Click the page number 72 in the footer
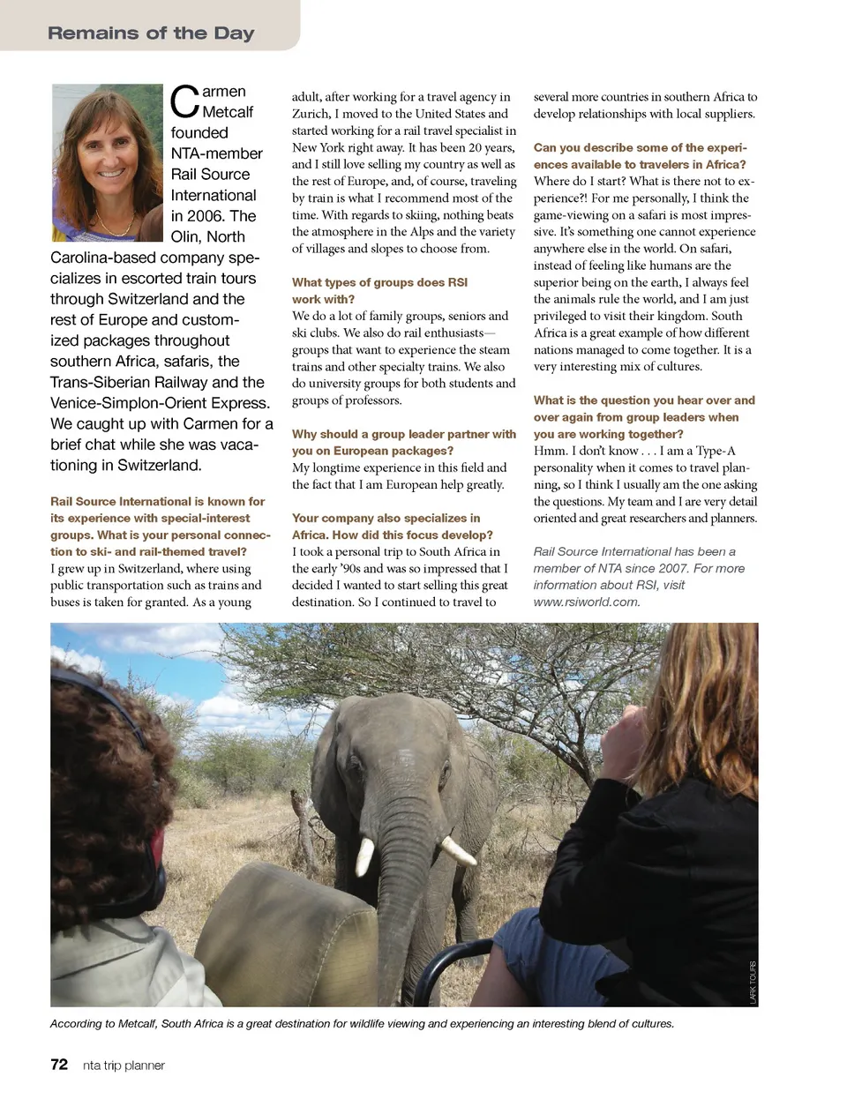tap(59, 1065)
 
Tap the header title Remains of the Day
tap(151, 34)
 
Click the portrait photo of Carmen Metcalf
tap(108, 162)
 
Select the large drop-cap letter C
tap(184, 102)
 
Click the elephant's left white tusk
tap(364, 856)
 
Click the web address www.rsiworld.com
tap(587, 602)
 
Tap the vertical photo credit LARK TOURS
tap(753, 982)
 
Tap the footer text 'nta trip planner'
tap(124, 1065)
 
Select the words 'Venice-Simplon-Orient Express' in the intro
tap(160, 403)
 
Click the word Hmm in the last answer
tap(549, 451)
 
